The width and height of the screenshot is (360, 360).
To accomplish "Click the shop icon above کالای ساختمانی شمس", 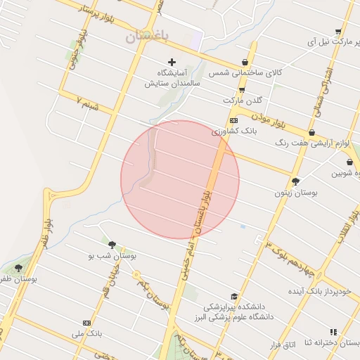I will pos(245,63).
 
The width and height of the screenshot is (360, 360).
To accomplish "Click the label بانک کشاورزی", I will pos(235,131).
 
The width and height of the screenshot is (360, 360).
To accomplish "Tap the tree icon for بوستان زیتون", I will pos(295,181).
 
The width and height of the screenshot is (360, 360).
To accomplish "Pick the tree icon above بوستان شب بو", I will pos(112,245).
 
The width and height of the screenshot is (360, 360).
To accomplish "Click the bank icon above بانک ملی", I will pos(86,323).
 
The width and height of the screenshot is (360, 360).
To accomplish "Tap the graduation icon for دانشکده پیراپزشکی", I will pos(234,296).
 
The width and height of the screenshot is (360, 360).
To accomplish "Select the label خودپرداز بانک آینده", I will pos(318,290).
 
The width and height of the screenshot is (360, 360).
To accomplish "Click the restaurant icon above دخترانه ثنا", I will pos(333,332).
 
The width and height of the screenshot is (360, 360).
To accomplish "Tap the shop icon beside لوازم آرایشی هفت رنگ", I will pos(311,132).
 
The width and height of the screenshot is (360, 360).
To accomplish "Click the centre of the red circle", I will pos(180,180).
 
